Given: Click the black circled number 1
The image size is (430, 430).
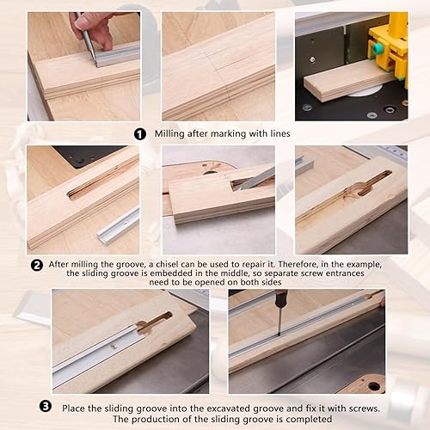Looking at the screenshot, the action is click(140, 134).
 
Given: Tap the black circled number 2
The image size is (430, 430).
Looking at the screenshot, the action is click(37, 266).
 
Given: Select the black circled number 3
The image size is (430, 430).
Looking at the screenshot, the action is click(46, 406).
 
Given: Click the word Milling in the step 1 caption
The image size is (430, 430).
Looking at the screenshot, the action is click(169, 134).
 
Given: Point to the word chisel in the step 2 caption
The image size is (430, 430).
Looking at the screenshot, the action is click(167, 264).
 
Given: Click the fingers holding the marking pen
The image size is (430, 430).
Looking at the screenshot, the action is click(93, 28).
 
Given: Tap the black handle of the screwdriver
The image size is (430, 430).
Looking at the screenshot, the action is click(280, 299).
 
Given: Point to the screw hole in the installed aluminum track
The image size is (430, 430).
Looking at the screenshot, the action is click(114, 347).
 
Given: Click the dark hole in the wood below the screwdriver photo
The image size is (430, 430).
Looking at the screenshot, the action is click(374, 386).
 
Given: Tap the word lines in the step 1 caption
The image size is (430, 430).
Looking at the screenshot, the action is click(280, 133).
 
